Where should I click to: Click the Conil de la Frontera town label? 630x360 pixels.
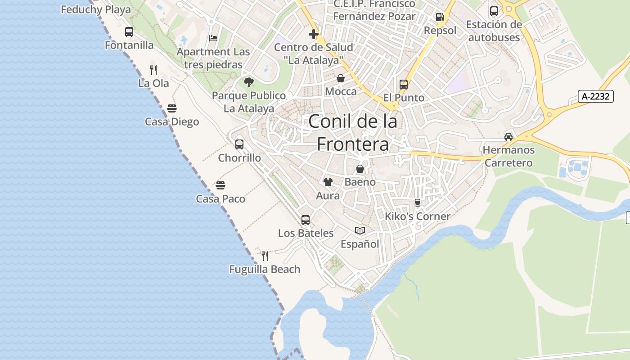pyautogui.click(x=353, y=133)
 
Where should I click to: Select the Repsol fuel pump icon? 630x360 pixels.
pyautogui.click(x=440, y=18)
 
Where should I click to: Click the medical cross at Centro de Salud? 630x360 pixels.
pyautogui.click(x=314, y=34)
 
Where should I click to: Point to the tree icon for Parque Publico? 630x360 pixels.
pyautogui.click(x=248, y=82)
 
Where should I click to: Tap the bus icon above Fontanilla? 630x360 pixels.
pyautogui.click(x=129, y=32)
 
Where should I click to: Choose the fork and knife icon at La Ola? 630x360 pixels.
pyautogui.click(x=153, y=70)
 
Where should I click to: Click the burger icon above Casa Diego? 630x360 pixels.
pyautogui.click(x=172, y=108)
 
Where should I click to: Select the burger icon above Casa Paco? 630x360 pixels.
pyautogui.click(x=220, y=185)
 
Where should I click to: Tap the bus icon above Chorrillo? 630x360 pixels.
pyautogui.click(x=239, y=144)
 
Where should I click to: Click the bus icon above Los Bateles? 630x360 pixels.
pyautogui.click(x=306, y=220)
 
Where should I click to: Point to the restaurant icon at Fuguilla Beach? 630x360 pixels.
pyautogui.click(x=265, y=256)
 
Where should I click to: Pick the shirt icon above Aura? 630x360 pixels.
pyautogui.click(x=328, y=182)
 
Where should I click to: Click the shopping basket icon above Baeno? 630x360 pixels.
pyautogui.click(x=360, y=169)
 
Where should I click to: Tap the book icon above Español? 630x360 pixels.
pyautogui.click(x=360, y=231)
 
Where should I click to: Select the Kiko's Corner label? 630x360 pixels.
pyautogui.click(x=418, y=216)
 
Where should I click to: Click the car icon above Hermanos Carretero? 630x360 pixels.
pyautogui.click(x=508, y=137)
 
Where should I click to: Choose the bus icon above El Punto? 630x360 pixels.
pyautogui.click(x=404, y=85)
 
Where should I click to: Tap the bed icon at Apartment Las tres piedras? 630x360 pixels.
pyautogui.click(x=213, y=38)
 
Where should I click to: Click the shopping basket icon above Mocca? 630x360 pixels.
pyautogui.click(x=341, y=78)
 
